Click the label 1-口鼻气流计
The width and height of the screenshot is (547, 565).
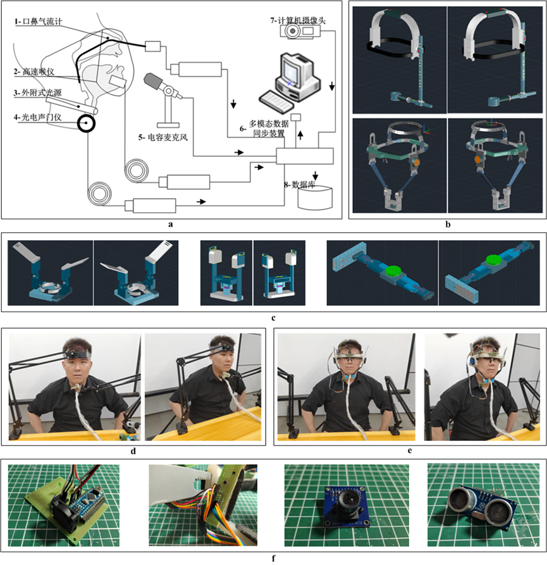point(38,22)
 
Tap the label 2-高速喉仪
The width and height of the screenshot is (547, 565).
point(34,71)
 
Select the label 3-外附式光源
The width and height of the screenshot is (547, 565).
point(38,92)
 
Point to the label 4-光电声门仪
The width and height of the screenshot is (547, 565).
point(38,117)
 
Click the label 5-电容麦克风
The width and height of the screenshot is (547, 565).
point(163,137)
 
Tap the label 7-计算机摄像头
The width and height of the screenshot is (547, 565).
point(298,20)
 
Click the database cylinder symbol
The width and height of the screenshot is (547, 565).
point(315,198)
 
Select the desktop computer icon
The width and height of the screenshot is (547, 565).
point(298,77)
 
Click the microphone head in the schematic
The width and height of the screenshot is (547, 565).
point(152,82)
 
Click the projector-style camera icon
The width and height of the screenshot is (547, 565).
point(300,31)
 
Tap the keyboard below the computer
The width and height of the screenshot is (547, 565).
point(276,101)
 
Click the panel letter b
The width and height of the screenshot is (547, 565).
point(448,225)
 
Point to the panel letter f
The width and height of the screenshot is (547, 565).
point(274,559)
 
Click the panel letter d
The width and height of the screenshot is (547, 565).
point(133,451)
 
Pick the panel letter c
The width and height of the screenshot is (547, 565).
point(274,318)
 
